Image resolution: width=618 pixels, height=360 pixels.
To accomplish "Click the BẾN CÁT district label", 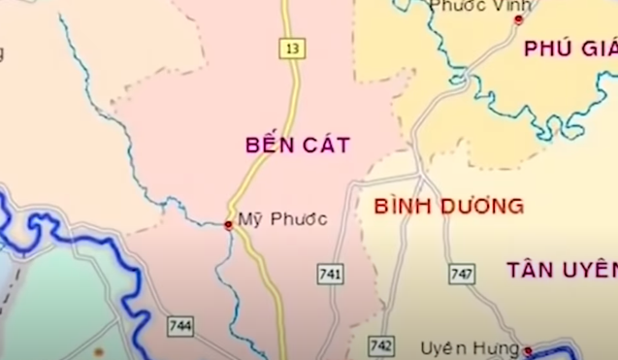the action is (297, 146).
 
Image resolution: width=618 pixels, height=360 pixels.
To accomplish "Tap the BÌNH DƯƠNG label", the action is (448, 206).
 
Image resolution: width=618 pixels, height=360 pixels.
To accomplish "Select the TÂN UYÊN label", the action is (561, 271).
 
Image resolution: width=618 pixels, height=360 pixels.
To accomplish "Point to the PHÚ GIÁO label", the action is (569, 49).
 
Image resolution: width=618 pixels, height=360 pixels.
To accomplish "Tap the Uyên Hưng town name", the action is (470, 347).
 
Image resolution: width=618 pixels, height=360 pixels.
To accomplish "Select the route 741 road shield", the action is (330, 275).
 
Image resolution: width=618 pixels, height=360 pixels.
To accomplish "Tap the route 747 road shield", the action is (462, 275).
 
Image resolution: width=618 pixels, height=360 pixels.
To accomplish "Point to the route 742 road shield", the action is (381, 346).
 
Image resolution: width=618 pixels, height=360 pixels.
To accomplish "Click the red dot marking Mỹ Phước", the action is (228, 225).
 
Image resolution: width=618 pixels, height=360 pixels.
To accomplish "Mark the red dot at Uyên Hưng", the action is (528, 350).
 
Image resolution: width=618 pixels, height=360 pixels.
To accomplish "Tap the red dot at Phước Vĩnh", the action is (518, 19).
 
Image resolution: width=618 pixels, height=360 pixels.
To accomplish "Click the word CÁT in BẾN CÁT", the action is (325, 146).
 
